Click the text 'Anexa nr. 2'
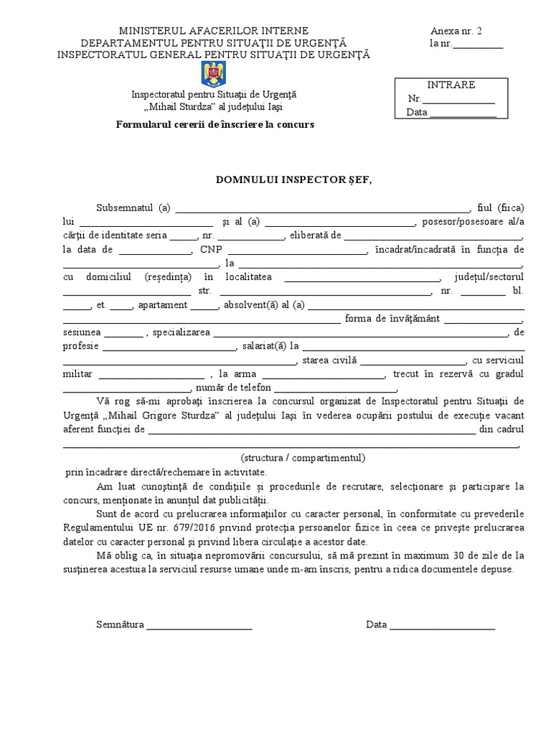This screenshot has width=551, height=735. pos(456,31)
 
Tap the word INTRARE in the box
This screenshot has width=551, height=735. pos(451,85)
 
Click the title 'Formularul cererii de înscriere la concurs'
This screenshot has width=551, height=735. pos(215,124)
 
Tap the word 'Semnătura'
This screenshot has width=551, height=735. pos(121,624)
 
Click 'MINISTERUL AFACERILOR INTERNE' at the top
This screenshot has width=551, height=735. pos(214,31)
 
